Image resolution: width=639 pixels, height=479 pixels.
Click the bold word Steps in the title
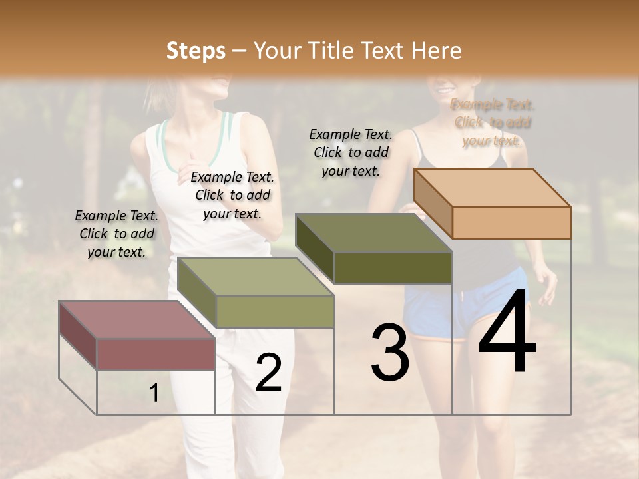(196, 51)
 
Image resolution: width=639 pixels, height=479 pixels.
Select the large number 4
(507, 333)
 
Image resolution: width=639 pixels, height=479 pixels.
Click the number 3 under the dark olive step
(390, 353)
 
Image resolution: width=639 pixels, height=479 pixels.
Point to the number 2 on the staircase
(268, 373)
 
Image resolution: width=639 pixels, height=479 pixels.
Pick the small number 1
(154, 393)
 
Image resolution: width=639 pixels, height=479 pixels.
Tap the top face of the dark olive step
(373, 234)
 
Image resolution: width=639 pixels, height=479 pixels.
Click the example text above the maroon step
(116, 234)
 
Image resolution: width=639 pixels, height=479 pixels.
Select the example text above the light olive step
(232, 195)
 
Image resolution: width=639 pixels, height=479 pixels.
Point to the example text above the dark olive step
(351, 152)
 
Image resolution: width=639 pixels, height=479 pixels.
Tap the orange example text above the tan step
(492, 122)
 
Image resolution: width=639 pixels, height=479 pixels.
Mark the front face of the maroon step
(156, 354)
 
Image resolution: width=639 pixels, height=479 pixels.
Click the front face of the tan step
(511, 222)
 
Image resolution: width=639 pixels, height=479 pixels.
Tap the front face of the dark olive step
(393, 267)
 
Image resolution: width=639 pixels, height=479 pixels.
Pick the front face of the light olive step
(275, 311)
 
